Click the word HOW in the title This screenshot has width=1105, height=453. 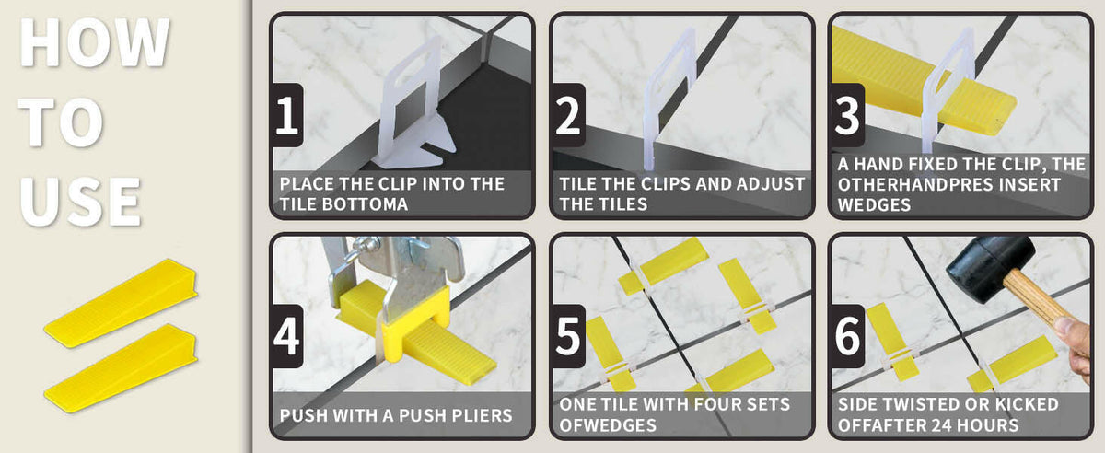[95, 42]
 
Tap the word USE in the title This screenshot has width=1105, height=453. [81, 202]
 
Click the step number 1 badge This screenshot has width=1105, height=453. [286, 115]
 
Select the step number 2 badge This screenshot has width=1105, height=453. [568, 115]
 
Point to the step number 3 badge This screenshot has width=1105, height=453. [847, 115]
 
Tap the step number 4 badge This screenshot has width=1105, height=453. [286, 336]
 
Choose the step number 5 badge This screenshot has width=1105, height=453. [568, 336]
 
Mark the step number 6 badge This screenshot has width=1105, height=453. [847, 336]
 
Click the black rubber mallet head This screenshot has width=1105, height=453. [990, 267]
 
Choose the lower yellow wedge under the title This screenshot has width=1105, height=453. [121, 367]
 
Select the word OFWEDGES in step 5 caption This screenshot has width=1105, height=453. [608, 425]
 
